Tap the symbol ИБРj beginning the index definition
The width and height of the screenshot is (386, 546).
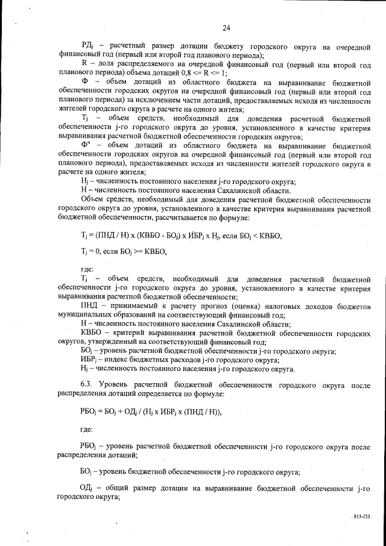coord(89,360)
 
